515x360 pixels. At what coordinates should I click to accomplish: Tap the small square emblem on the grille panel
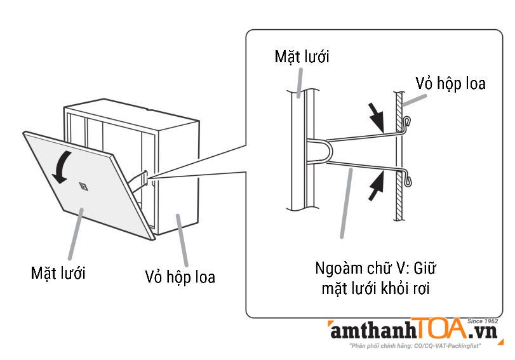[84, 185]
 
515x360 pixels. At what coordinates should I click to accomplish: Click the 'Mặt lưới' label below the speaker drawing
[58, 273]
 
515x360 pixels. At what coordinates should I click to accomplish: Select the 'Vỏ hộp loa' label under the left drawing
[180, 277]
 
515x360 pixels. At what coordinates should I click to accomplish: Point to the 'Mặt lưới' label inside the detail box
[302, 57]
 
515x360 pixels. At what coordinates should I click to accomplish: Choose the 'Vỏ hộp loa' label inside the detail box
[450, 83]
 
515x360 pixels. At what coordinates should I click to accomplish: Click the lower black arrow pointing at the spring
[377, 185]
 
